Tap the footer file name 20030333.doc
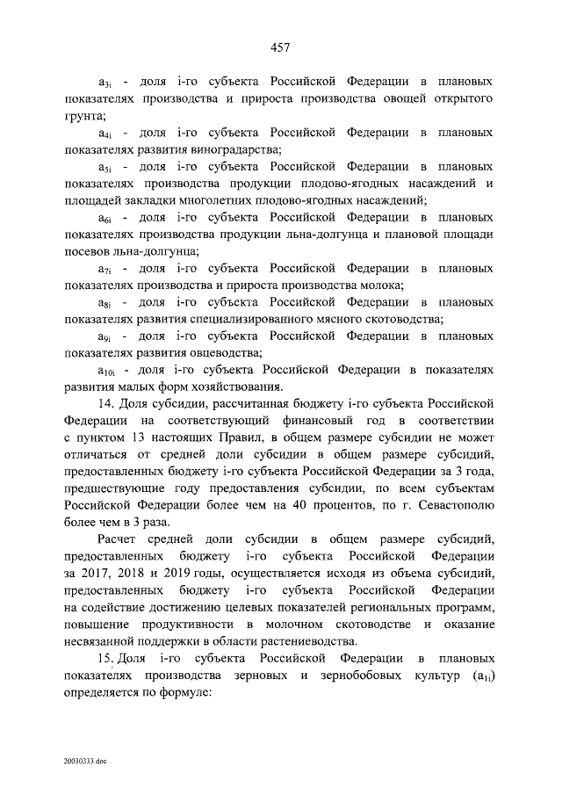click(83, 755)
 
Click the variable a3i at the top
click(104, 83)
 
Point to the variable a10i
click(108, 372)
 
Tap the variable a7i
click(104, 269)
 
